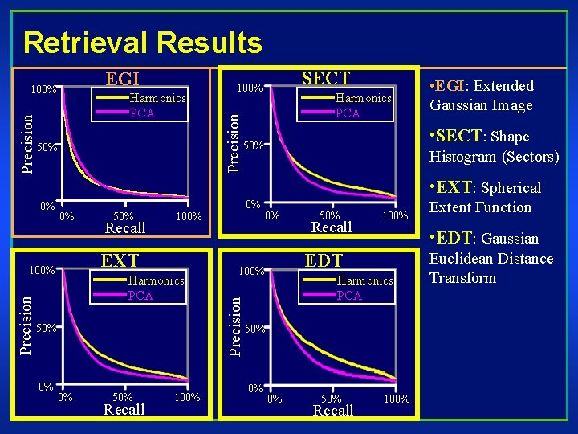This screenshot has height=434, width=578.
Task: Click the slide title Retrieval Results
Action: (143, 42)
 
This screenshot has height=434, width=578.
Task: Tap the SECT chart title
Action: (325, 78)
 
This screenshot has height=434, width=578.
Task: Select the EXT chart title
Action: (120, 260)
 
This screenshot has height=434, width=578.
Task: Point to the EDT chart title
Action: (324, 260)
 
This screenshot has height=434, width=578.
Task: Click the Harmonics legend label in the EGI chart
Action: (157, 98)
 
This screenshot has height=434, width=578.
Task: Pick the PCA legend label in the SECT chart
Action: (348, 113)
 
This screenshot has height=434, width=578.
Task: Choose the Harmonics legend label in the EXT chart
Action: (157, 280)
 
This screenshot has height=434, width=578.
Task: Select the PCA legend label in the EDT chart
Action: (349, 296)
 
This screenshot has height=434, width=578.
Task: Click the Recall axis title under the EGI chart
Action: (125, 228)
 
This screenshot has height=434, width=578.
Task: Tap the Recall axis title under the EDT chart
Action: (332, 411)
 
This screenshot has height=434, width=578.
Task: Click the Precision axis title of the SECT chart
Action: (234, 141)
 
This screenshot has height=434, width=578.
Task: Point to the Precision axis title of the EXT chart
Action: (26, 324)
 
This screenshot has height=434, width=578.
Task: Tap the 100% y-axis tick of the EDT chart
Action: (251, 271)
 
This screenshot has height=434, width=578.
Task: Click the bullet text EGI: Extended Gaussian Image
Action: (482, 96)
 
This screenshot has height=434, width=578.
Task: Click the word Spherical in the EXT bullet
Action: (511, 188)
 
